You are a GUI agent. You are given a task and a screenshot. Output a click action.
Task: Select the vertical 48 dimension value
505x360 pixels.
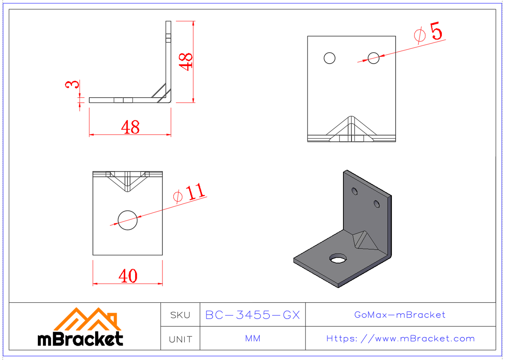point(186,61)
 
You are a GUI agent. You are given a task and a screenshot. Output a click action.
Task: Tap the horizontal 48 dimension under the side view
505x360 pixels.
point(130,127)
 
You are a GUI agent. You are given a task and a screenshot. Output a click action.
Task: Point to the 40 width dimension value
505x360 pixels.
point(128,276)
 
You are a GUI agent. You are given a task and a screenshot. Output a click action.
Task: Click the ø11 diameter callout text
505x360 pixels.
point(190,194)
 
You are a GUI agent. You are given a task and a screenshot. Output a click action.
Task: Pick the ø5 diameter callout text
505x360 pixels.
point(429,34)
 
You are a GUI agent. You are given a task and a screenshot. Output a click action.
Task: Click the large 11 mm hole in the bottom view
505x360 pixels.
point(128,220)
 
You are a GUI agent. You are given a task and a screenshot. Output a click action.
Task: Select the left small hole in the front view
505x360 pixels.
point(330,58)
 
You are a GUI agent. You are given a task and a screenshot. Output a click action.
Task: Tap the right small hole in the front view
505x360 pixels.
point(373,58)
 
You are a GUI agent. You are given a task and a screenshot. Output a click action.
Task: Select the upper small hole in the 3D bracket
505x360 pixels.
point(355,192)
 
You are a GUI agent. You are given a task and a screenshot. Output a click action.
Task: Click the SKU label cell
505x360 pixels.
point(180,315)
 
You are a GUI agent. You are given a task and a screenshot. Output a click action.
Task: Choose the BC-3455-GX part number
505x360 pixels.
point(252,315)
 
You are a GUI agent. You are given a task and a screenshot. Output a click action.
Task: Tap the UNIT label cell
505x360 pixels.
point(180,339)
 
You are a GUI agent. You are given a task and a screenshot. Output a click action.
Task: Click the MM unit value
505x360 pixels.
point(252,339)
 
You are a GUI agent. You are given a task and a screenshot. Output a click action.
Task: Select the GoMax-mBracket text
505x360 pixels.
point(400,315)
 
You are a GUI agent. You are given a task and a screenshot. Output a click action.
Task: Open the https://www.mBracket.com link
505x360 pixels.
point(400,339)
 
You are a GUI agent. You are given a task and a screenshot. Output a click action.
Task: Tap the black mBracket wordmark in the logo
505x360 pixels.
point(80,339)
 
